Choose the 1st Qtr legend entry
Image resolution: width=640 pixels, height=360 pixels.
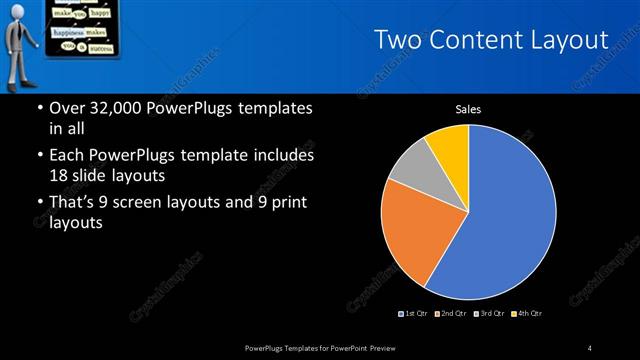coord(414,314)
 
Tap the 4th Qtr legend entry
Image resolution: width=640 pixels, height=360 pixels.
coord(528,314)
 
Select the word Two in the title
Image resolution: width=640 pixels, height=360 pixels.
coord(398,40)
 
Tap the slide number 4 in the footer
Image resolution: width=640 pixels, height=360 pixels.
coord(589,347)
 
